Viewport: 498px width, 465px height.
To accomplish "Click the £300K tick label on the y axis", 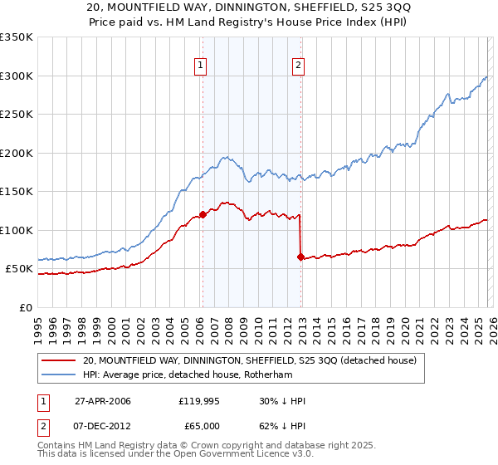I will click(x=17, y=76).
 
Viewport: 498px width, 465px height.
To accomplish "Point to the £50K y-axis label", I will click(x=19, y=269).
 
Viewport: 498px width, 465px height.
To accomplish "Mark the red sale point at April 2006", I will click(x=202, y=215).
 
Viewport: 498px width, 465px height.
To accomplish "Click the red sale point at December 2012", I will click(x=300, y=257).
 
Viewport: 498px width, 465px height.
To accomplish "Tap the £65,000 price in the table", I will click(x=199, y=426).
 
